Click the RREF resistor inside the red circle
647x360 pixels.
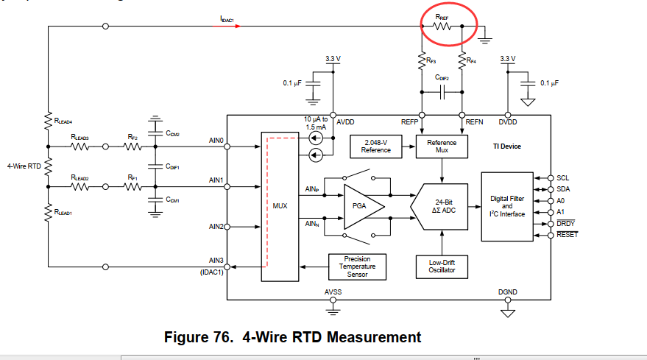442,26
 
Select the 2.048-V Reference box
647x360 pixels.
375,146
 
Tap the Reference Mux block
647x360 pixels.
441,146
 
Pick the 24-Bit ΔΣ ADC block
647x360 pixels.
442,207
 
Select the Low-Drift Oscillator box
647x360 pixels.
441,266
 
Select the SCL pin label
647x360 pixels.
563,177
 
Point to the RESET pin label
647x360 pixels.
568,235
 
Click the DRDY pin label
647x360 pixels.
566,223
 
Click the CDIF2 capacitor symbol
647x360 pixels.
442,92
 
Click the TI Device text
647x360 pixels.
506,146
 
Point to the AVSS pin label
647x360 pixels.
333,292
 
